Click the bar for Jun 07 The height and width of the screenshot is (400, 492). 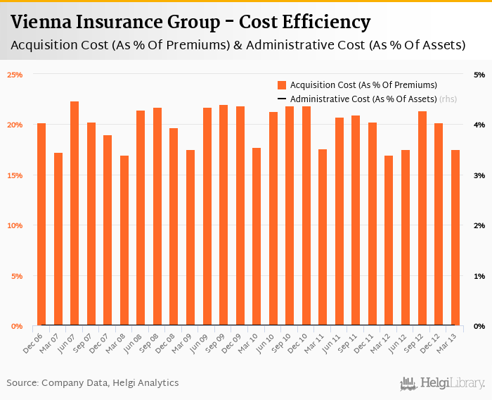click(x=75, y=213)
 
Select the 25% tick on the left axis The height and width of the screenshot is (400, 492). click(x=15, y=75)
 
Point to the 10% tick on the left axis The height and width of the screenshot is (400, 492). click(x=15, y=225)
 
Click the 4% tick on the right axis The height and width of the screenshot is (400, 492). click(x=479, y=125)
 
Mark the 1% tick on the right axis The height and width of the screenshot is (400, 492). click(x=479, y=276)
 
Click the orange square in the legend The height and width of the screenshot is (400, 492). click(x=282, y=85)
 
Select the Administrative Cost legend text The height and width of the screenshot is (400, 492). click(x=363, y=99)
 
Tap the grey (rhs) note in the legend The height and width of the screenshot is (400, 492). click(x=448, y=99)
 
